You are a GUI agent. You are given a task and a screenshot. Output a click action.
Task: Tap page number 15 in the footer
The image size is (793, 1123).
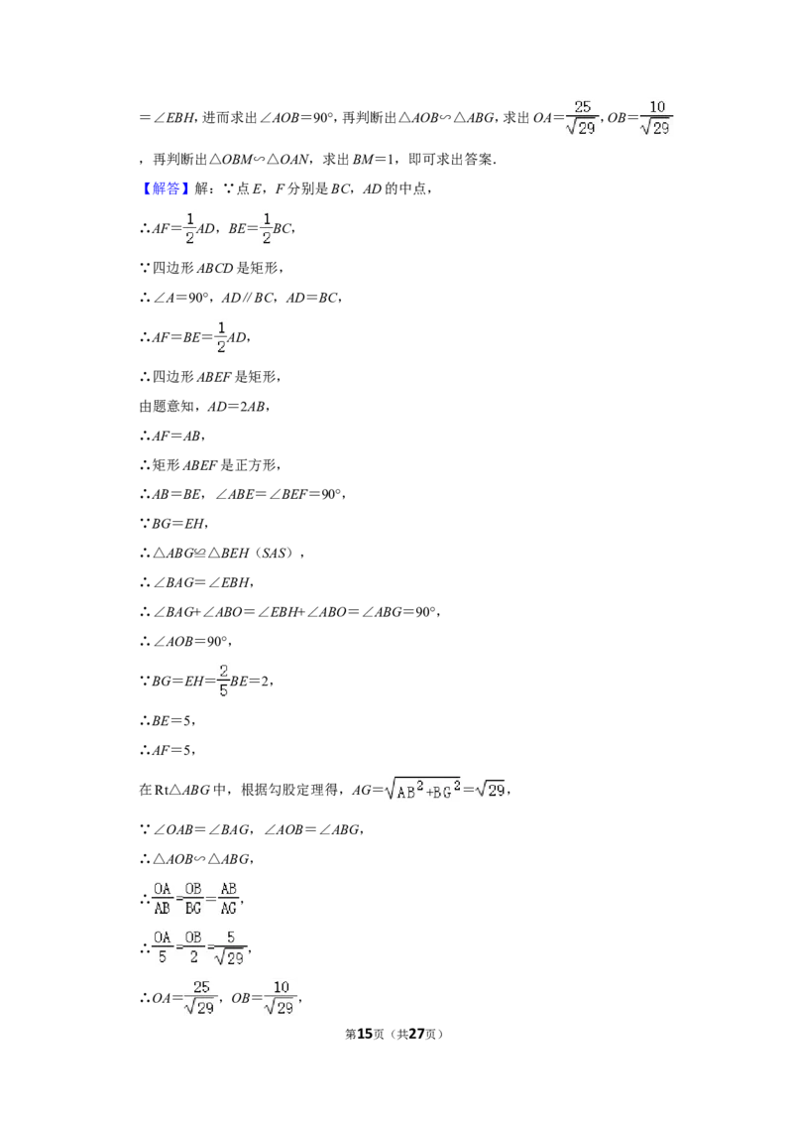pos(365,1034)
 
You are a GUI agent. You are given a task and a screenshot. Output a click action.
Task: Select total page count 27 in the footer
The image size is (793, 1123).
pos(416,1034)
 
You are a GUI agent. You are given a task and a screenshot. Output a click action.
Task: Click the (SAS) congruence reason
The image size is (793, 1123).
pos(275,553)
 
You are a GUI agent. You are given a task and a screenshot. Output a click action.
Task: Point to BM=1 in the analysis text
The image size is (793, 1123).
pos(380,159)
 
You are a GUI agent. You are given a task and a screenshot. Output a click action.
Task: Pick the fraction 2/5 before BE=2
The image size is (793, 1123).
pos(223,681)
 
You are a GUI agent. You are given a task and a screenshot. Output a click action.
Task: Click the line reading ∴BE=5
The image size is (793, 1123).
pos(167,720)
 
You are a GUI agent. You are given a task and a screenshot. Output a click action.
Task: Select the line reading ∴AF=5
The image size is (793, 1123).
pos(167,750)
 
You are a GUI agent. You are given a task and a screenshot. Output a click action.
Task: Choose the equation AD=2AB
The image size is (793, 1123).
pos(236,406)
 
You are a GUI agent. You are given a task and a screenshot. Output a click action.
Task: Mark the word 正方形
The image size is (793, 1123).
pos(255,465)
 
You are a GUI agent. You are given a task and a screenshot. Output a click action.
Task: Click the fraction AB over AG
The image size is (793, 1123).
pos(228,898)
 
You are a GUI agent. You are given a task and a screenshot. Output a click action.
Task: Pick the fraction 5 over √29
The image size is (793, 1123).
pos(230,946)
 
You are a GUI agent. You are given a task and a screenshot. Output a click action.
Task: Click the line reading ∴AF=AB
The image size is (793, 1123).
pos(171,436)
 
